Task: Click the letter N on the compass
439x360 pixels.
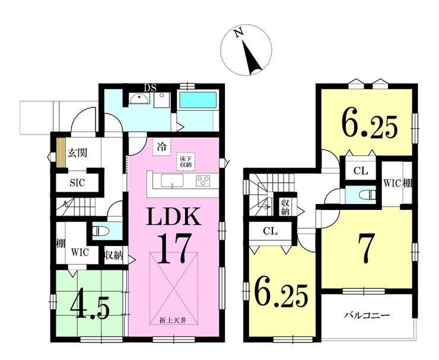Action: point(238,33)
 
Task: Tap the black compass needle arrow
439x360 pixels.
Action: point(252,58)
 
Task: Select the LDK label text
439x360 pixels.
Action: point(174,216)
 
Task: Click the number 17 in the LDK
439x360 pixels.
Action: point(174,248)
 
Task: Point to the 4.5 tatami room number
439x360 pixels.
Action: point(90,307)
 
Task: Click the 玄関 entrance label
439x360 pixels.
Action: point(78,153)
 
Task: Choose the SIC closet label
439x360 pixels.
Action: point(77,183)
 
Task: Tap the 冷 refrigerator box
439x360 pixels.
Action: point(161,147)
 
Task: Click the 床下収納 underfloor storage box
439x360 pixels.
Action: point(185,161)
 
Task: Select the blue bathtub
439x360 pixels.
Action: point(198,100)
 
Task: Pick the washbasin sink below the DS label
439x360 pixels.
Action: point(139,99)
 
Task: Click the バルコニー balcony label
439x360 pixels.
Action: point(367,316)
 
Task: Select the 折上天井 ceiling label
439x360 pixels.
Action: point(173,320)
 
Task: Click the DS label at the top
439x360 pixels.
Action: point(150,88)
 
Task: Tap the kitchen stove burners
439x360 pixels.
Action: point(203,180)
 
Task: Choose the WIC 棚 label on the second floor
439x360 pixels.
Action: point(397,184)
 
